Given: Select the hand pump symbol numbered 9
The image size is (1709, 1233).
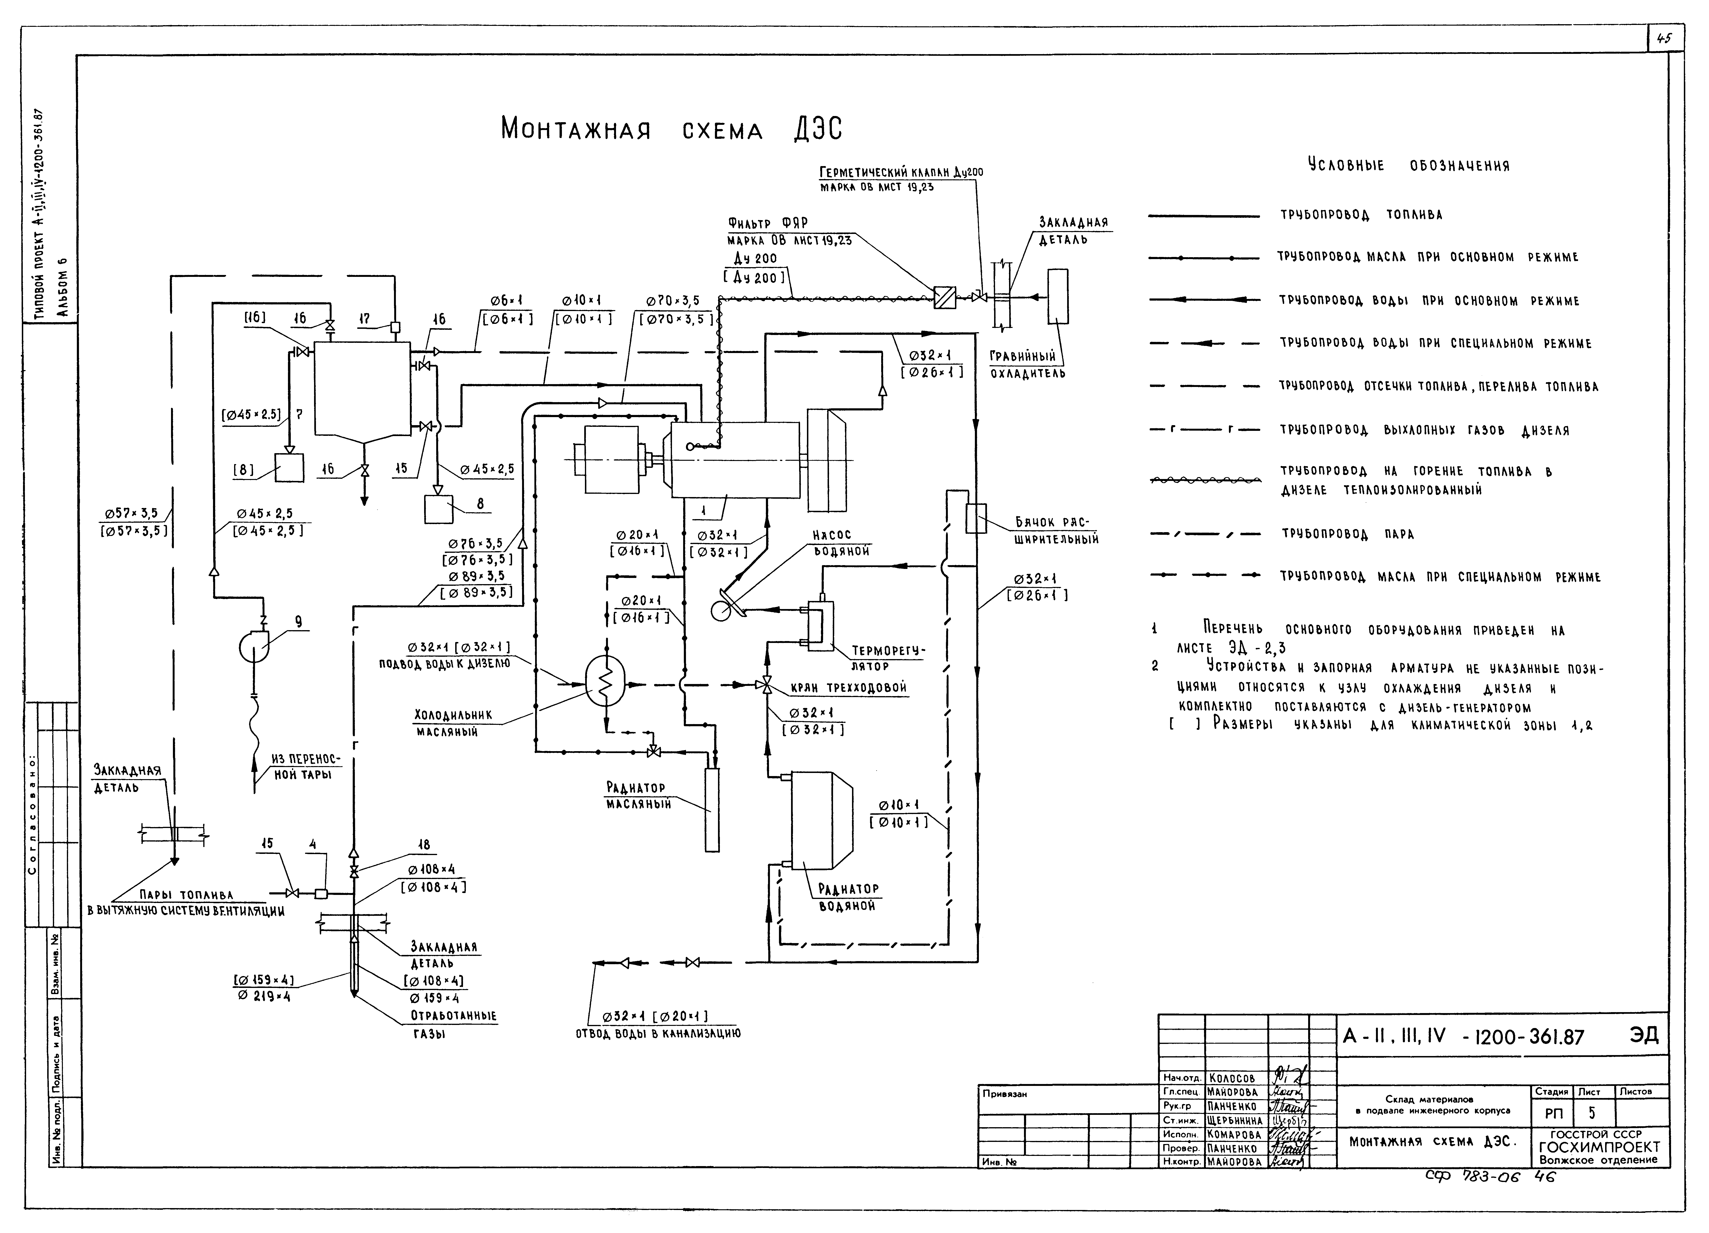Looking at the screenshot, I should click(x=253, y=646).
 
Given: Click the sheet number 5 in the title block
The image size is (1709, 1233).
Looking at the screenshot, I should click(x=1591, y=1112).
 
